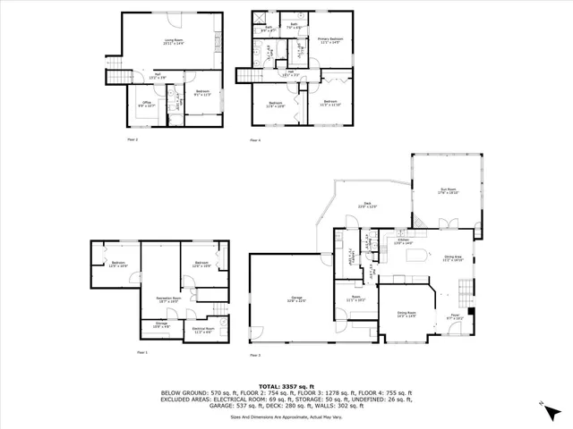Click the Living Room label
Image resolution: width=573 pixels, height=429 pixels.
pos(169,39)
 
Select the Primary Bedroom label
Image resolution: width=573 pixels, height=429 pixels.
pos(330,40)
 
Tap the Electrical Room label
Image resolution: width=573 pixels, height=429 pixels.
pos(204,330)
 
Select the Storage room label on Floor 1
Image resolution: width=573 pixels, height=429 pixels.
pos(161,324)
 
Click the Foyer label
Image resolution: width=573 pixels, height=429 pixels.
pos(455,316)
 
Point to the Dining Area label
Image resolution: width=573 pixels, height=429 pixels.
pos(452,259)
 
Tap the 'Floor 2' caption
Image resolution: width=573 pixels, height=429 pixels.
pos(131,140)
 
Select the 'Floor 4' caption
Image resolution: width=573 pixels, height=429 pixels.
pos(255,140)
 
